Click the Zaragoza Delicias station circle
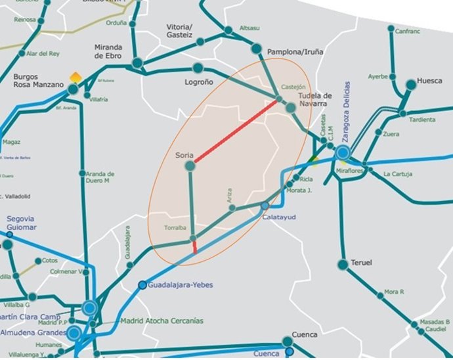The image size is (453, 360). [x=343, y=153]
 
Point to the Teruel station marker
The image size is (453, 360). [x=343, y=265]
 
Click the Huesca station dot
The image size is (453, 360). [x=411, y=84]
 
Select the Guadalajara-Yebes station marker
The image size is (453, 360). [x=142, y=285]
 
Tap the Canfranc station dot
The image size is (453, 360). [x=391, y=30]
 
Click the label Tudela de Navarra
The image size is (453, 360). [x=315, y=100]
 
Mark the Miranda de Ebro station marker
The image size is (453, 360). [x=137, y=63]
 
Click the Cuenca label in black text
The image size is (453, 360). [x=305, y=335]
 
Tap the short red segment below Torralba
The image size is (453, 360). [x=194, y=247]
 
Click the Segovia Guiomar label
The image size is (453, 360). [x=22, y=223]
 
